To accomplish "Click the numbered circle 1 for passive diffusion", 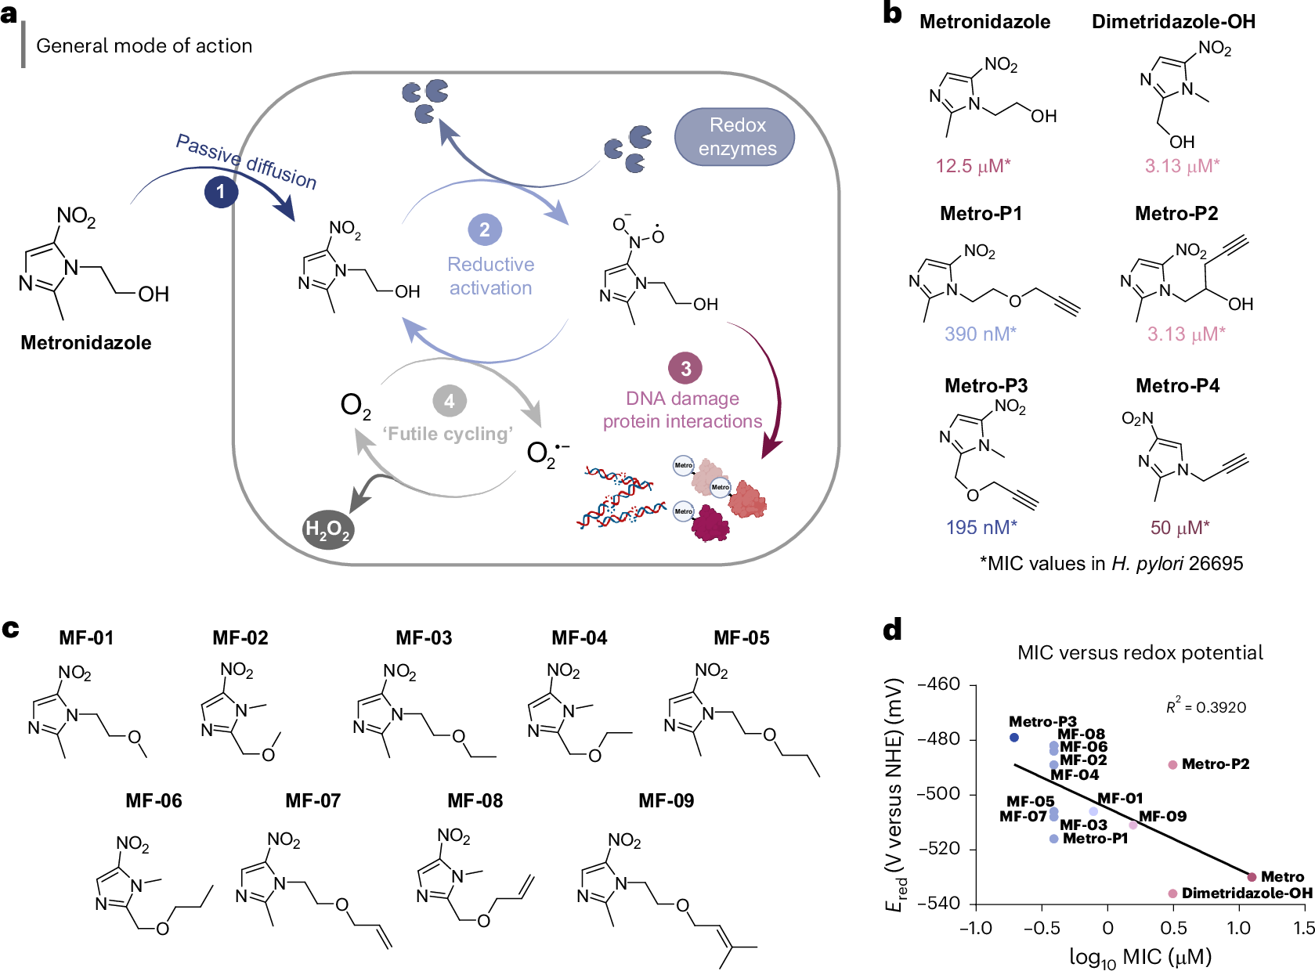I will pyautogui.click(x=221, y=192).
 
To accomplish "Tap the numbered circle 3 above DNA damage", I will pyautogui.click(x=685, y=368).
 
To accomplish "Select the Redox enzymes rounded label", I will pyautogui.click(x=735, y=137).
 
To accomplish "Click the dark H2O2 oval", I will pyautogui.click(x=328, y=530).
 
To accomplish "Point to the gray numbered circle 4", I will pyautogui.click(x=450, y=402).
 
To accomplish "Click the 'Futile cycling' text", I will pyautogui.click(x=447, y=434).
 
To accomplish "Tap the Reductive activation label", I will pyautogui.click(x=490, y=276).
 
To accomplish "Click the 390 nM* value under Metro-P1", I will pyautogui.click(x=980, y=334).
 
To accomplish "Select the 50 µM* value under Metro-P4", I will pyautogui.click(x=1180, y=528).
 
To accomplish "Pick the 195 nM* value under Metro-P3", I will pyautogui.click(x=981, y=528).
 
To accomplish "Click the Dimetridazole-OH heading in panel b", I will pyautogui.click(x=1173, y=22).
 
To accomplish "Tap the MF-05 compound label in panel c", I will pyautogui.click(x=741, y=638).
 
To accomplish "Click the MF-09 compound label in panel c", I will pyautogui.click(x=666, y=801).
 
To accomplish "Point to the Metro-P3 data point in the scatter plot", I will pyautogui.click(x=1014, y=738).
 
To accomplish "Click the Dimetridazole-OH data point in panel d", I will pyautogui.click(x=1172, y=893).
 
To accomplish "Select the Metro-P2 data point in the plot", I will pyautogui.click(x=1172, y=765).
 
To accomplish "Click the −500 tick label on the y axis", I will pyautogui.click(x=938, y=794).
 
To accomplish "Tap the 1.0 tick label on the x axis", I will pyautogui.click(x=1238, y=929).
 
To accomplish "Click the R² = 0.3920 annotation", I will pyautogui.click(x=1206, y=707).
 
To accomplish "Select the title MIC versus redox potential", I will pyautogui.click(x=1140, y=653).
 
